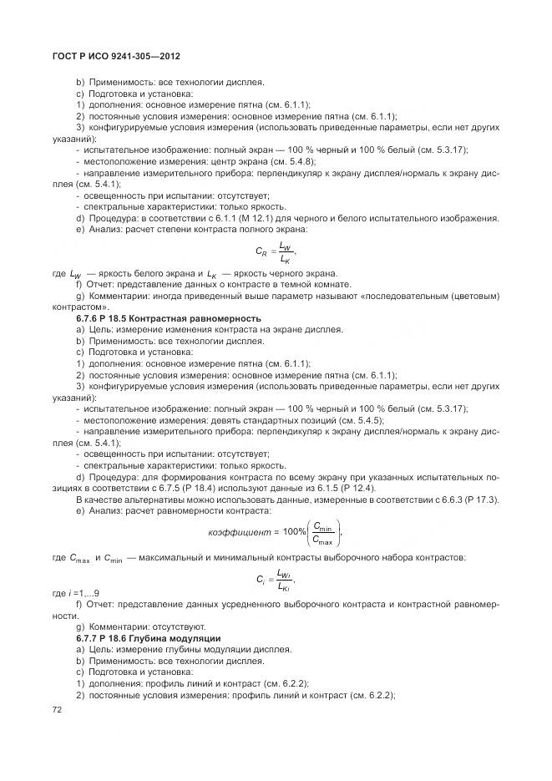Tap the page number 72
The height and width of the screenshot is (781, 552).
58,709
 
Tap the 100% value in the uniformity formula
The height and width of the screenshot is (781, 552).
294,532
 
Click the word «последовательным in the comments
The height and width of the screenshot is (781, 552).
404,296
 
